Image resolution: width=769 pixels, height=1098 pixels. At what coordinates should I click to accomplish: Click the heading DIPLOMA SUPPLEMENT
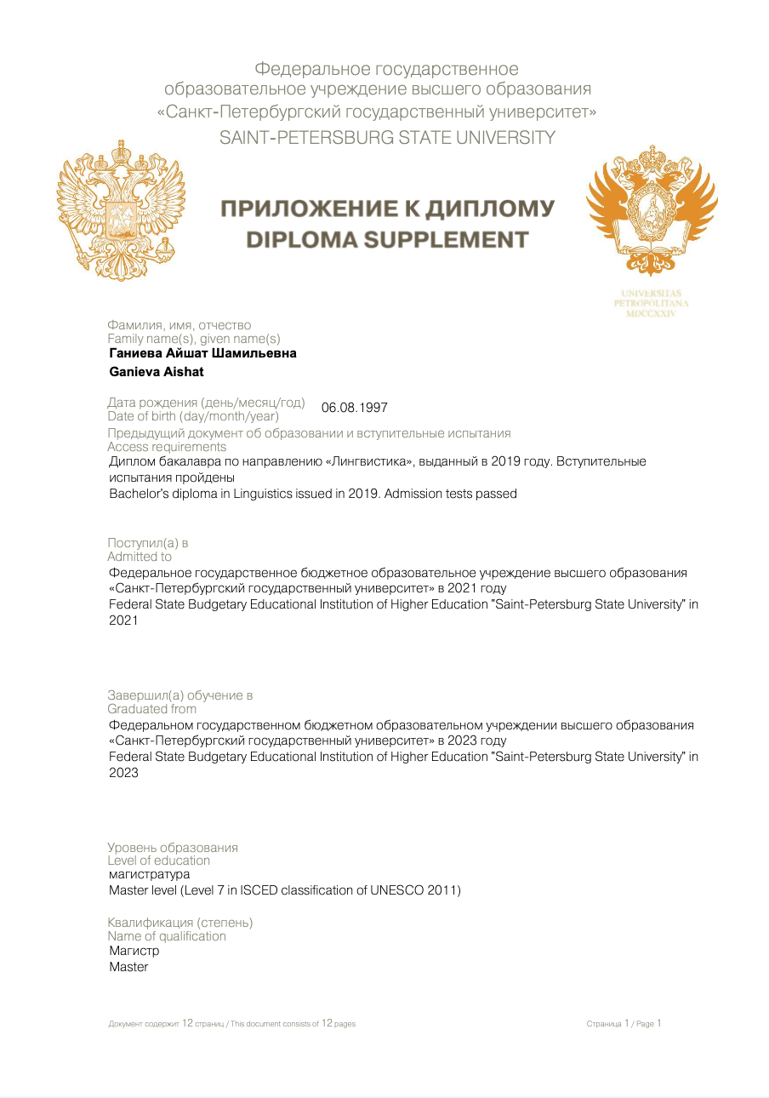[x=387, y=240]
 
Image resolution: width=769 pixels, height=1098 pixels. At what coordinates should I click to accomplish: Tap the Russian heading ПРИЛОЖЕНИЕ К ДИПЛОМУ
[x=387, y=209]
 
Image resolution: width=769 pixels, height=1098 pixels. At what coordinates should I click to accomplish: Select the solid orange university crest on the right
[x=652, y=209]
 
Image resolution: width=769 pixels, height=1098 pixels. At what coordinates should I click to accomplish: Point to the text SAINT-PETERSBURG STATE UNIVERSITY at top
[x=387, y=137]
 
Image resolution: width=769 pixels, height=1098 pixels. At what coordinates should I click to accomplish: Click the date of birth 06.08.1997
[x=354, y=408]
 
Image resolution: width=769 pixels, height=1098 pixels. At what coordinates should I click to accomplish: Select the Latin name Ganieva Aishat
[x=157, y=372]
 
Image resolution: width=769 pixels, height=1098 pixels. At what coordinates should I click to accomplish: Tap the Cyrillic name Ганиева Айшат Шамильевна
[x=203, y=353]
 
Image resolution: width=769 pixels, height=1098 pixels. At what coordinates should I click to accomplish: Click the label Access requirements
[x=167, y=447]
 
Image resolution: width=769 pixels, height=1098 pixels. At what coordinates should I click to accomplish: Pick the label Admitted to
[x=140, y=557]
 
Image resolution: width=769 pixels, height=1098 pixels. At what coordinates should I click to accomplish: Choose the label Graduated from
[x=151, y=709]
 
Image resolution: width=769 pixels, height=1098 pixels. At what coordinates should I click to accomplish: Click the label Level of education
[x=158, y=861]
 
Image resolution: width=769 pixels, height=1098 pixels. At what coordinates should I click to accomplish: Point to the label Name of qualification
[x=167, y=936]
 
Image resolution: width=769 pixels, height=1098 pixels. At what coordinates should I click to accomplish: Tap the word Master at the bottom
[x=128, y=967]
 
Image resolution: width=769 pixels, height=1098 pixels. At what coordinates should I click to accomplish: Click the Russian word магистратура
[x=150, y=874]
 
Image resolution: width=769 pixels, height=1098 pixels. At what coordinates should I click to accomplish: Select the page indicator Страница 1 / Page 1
[x=624, y=1024]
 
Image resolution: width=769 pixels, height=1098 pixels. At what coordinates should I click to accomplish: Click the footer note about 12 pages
[x=232, y=1024]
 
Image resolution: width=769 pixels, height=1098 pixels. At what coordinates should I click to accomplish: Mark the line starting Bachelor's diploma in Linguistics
[x=313, y=494]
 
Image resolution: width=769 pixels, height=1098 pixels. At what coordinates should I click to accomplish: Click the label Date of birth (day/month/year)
[x=193, y=416]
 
